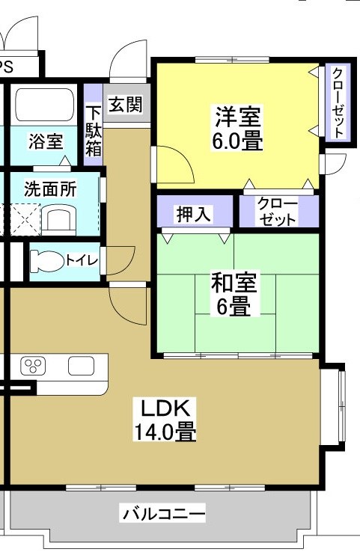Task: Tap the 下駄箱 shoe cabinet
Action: click(x=93, y=129)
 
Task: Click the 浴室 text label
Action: click(x=46, y=142)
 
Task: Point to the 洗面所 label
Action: click(x=50, y=188)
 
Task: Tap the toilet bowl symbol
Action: click(x=47, y=261)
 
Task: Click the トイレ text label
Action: click(x=82, y=260)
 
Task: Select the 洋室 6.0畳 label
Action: click(x=237, y=129)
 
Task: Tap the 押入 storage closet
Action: click(x=195, y=213)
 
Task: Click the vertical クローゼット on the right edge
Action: click(x=336, y=102)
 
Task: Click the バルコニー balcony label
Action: click(x=163, y=514)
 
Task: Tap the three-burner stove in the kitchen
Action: click(x=33, y=367)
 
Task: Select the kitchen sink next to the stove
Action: click(x=81, y=367)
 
